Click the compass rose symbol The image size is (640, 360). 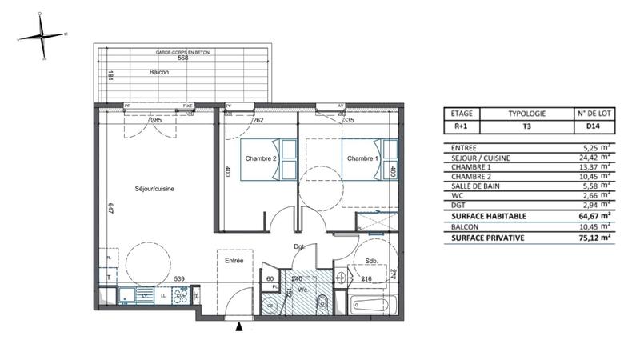point(42,36)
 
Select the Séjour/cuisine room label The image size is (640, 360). point(154,189)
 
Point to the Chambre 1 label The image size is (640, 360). point(362,158)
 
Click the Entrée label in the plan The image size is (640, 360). point(234,261)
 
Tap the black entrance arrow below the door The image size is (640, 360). point(238,326)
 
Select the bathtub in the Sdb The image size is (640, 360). point(374,304)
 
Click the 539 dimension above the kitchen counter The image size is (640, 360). point(182,279)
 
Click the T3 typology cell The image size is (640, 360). point(527,126)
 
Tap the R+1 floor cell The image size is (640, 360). point(462,126)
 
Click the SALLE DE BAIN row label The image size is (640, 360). point(478,186)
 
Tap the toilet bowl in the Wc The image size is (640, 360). point(322,303)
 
